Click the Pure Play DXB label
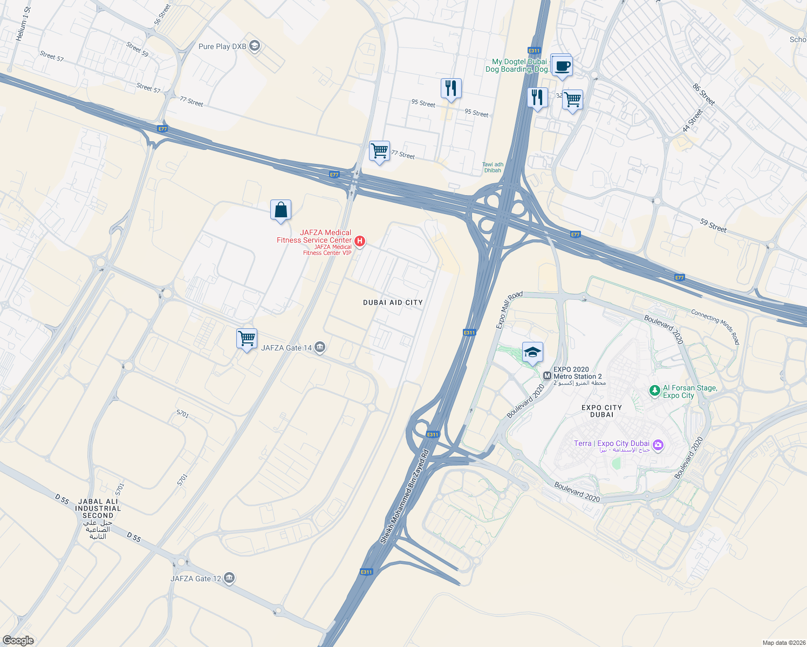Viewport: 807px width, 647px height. click(x=222, y=47)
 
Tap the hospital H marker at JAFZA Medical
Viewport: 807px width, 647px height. click(x=360, y=241)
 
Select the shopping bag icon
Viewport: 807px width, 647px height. click(x=281, y=210)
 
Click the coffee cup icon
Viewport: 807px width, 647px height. click(x=562, y=66)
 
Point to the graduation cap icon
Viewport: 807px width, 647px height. click(x=532, y=353)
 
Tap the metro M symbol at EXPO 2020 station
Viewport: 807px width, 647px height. click(x=547, y=375)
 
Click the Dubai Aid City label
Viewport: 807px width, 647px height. click(x=393, y=302)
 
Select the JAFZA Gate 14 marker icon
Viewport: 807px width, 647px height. click(x=320, y=347)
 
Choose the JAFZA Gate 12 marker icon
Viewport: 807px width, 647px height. click(x=229, y=578)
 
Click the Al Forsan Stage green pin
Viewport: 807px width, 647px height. click(x=654, y=390)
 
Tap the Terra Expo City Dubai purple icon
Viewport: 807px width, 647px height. click(x=658, y=445)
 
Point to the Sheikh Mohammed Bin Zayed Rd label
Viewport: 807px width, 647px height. click(x=404, y=496)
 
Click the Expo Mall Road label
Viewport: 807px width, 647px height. click(x=509, y=310)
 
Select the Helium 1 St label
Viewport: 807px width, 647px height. click(x=23, y=24)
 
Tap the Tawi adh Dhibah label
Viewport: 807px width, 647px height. click(x=493, y=168)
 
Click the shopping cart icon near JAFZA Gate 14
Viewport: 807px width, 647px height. click(x=247, y=339)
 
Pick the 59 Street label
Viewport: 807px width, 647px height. click(x=713, y=225)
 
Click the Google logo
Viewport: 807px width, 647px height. click(x=18, y=641)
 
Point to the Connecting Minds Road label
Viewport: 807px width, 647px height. click(x=715, y=327)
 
